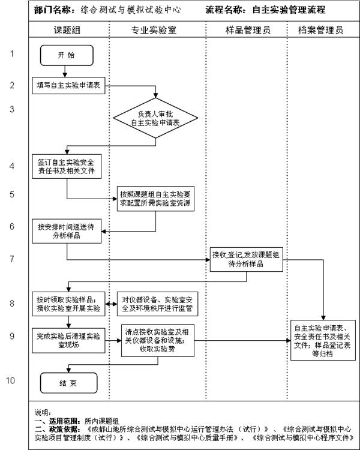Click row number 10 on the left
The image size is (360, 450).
pyautogui.click(x=11, y=380)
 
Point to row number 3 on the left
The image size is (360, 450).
pyautogui.click(x=11, y=109)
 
